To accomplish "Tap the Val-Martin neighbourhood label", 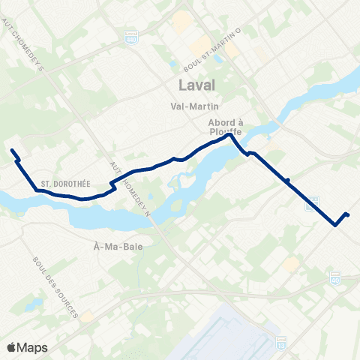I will [193, 106].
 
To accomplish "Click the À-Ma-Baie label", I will [113, 245].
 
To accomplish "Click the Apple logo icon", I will [10, 347].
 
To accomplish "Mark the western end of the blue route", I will [12, 151].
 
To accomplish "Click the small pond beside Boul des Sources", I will [34, 304].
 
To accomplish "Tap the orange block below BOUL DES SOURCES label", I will [88, 316].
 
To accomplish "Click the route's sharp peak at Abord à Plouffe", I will [229, 135].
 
